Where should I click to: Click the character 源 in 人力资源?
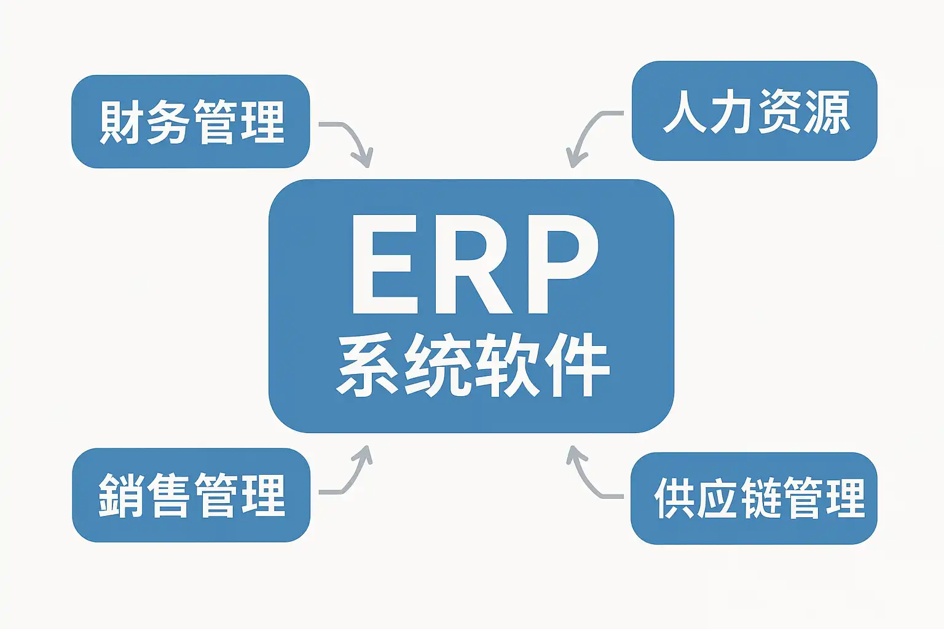[827, 112]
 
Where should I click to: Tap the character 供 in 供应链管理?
[675, 498]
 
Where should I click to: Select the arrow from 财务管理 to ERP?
[350, 138]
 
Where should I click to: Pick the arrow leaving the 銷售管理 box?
[350, 476]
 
